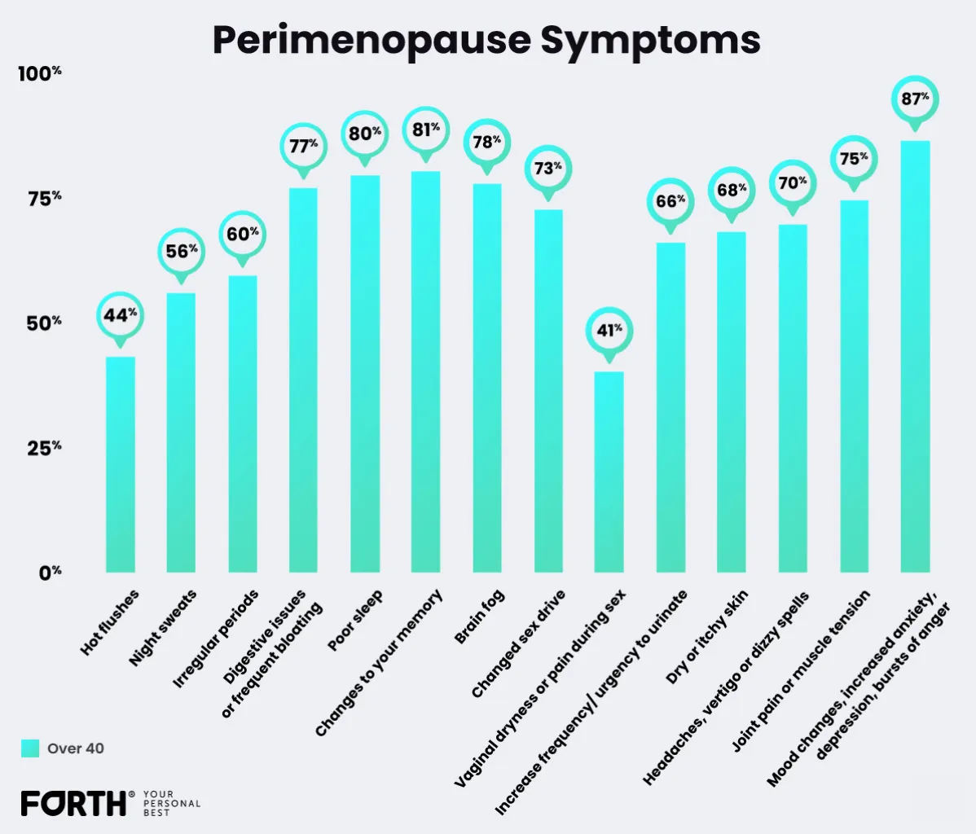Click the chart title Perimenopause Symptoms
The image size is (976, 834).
click(486, 39)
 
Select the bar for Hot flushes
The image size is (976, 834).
click(121, 464)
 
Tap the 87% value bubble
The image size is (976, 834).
click(915, 99)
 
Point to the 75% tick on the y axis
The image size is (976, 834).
click(46, 199)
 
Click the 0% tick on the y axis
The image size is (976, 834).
click(50, 572)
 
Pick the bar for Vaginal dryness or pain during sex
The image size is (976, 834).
click(609, 472)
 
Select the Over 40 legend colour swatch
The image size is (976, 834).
click(30, 748)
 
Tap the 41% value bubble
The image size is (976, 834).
click(609, 331)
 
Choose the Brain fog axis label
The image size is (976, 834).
click(481, 617)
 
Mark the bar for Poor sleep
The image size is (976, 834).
click(365, 375)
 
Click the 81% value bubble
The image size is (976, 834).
click(426, 129)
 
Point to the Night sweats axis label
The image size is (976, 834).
click(164, 626)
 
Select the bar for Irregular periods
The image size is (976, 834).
click(243, 424)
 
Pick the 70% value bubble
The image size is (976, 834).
click(793, 182)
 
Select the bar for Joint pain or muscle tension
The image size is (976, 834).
click(854, 387)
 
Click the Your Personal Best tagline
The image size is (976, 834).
click(171, 803)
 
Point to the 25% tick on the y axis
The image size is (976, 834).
click(46, 448)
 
